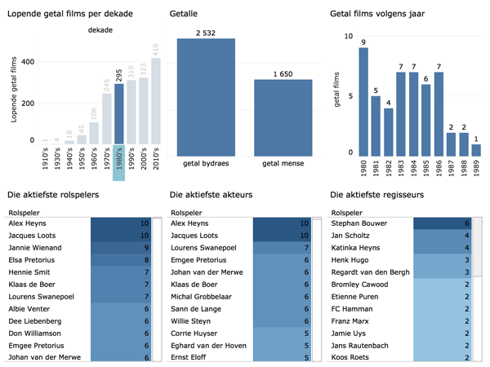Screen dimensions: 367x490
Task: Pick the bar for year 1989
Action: click(x=476, y=149)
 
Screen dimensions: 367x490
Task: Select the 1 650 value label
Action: click(x=283, y=73)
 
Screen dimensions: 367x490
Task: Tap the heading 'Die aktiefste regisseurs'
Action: click(x=379, y=195)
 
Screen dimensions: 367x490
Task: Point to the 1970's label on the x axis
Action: click(x=105, y=155)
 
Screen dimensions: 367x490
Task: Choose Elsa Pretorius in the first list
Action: click(x=32, y=260)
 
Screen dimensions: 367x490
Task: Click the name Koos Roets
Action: click(x=351, y=357)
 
